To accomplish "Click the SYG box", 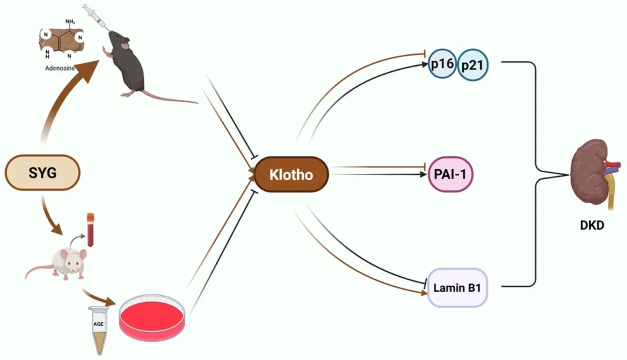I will [42, 172].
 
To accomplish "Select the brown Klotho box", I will [291, 175].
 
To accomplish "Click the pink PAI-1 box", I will [450, 175].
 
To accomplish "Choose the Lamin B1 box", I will [457, 287].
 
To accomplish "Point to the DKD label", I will [592, 225].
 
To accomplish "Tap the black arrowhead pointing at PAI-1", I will [423, 175].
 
